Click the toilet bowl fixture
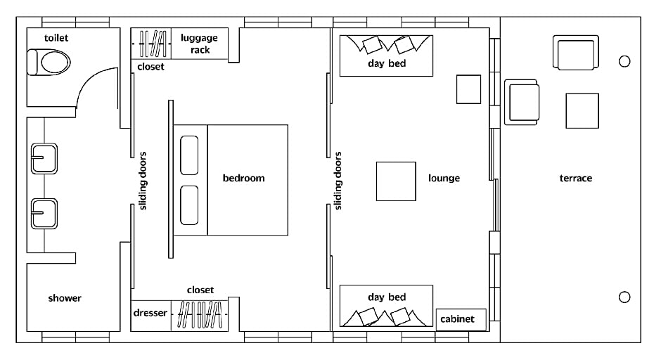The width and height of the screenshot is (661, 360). click(x=49, y=63)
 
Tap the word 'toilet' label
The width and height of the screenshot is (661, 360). click(x=56, y=38)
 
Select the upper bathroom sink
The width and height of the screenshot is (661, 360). click(x=44, y=158)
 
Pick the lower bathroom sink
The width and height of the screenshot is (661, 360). click(x=44, y=214)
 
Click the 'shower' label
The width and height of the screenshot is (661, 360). click(x=65, y=298)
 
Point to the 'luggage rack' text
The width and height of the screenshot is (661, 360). click(x=200, y=44)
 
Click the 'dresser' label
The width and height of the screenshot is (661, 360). click(x=150, y=313)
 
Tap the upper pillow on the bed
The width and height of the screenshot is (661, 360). click(x=189, y=155)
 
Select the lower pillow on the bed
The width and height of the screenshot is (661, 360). click(x=189, y=205)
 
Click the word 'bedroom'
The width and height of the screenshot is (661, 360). click(x=244, y=178)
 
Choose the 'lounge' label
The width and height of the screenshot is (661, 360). click(x=444, y=179)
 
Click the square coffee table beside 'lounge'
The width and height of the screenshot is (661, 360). click(x=396, y=181)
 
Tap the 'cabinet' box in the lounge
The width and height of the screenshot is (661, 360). click(x=461, y=319)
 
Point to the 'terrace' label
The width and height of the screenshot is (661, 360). click(x=575, y=179)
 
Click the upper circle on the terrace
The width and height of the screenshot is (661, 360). click(x=624, y=62)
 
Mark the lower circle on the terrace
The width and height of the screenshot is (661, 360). click(x=624, y=297)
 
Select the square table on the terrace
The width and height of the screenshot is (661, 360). click(x=582, y=111)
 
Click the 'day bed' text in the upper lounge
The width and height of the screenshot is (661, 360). click(x=387, y=64)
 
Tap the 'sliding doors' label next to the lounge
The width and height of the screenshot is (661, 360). click(x=338, y=181)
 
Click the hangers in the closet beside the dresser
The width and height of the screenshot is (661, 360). click(x=200, y=315)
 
